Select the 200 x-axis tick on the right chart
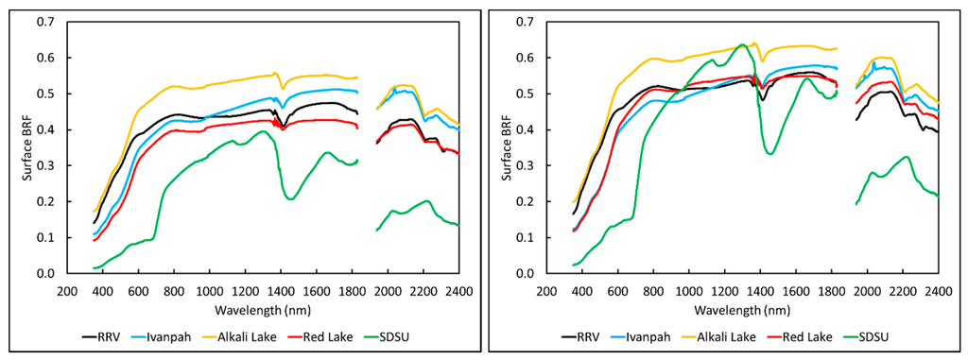coord(547,290)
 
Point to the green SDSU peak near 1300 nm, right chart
coord(743,44)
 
